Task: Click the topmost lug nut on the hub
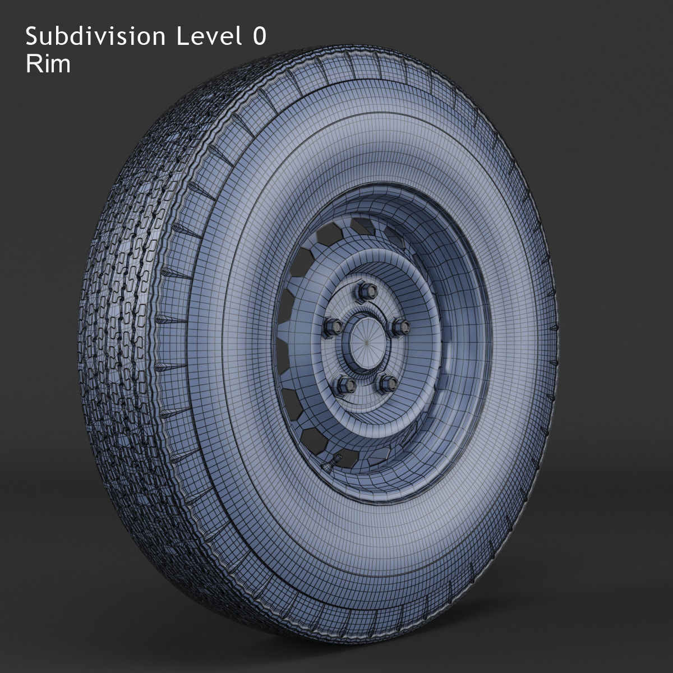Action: pos(360,291)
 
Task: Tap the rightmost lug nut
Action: pos(400,326)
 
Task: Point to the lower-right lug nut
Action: pos(388,383)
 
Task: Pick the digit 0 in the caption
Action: pos(258,37)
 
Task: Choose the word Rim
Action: pos(48,64)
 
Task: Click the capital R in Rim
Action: pos(33,64)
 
